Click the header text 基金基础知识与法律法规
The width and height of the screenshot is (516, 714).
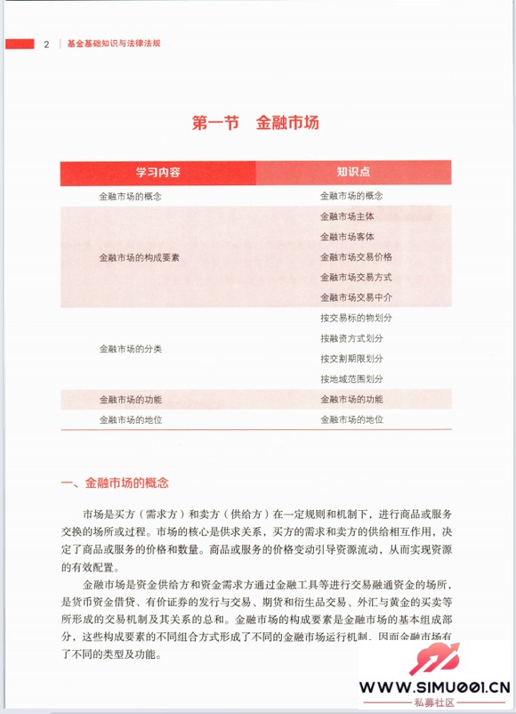click(x=113, y=44)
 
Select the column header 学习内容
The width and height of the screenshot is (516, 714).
click(x=157, y=171)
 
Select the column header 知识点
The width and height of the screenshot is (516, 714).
click(x=353, y=171)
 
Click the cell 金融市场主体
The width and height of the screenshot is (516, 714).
click(x=347, y=216)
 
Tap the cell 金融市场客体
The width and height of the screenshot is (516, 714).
click(x=347, y=237)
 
